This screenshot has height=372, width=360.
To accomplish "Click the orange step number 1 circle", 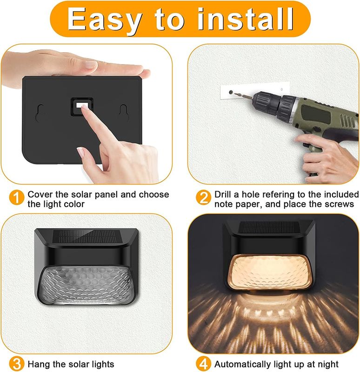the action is [16, 197].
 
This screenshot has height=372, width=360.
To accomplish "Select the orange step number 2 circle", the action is [203, 197].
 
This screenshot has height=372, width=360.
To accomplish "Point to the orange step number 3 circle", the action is [16, 364].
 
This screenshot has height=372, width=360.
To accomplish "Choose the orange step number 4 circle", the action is [203, 364].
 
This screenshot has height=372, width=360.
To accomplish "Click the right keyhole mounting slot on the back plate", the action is [124, 113].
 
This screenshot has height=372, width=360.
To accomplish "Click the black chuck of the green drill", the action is [273, 105].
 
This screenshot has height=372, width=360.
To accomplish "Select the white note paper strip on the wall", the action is [255, 91].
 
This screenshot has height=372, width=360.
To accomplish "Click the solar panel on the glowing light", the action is [269, 227].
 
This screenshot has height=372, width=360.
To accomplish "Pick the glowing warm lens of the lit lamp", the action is [269, 272].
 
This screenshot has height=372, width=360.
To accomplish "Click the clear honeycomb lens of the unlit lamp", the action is [86, 285].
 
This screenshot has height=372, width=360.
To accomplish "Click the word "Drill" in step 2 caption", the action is [223, 194].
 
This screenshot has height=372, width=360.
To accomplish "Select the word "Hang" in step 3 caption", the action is [38, 365].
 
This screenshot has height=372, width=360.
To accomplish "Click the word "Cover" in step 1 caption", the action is [40, 194].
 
